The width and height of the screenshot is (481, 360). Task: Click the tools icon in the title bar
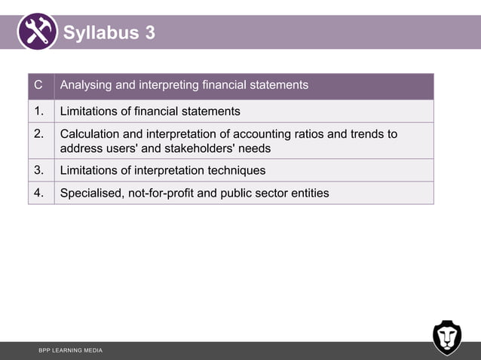pos(37,32)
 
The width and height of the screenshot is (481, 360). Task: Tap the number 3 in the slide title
pos(150,33)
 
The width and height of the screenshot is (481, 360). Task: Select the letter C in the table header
pos(38,85)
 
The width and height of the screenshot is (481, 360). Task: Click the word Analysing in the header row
pos(88,85)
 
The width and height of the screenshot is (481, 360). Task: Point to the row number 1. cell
pos(40,111)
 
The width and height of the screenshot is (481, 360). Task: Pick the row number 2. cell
pos(40,134)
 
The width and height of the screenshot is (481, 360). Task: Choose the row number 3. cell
pos(40,170)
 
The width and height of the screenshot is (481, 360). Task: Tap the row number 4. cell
pos(40,193)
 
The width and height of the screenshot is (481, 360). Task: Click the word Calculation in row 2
pos(91,134)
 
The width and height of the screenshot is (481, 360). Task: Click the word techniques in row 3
pos(234,170)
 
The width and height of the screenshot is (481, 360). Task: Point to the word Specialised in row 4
pos(92,193)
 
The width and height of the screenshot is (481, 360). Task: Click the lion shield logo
pos(447,337)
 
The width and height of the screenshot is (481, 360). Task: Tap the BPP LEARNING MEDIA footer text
pos(71,351)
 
